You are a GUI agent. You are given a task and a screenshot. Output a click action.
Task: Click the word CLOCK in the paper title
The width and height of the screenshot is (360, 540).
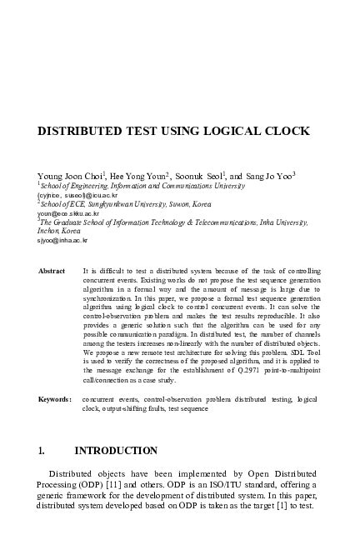point(284,132)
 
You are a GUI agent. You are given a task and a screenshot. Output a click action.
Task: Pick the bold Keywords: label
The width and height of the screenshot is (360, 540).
point(55,400)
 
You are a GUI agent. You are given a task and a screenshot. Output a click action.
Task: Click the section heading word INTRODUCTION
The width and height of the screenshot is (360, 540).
point(116,451)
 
